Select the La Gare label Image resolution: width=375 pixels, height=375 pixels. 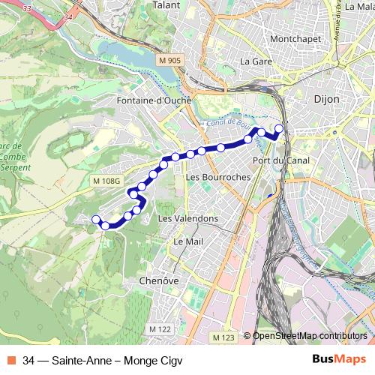click(255, 61)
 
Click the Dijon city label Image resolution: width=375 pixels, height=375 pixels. click(326, 98)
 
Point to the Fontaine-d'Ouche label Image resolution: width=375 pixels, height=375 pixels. click(154, 100)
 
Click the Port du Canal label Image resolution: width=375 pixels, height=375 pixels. click(277, 160)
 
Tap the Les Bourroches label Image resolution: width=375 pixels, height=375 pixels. click(211, 177)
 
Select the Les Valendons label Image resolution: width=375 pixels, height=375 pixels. click(189, 218)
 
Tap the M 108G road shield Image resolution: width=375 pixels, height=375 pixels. click(106, 181)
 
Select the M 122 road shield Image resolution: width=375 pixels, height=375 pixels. click(158, 329)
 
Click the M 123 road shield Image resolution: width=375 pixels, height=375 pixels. click(223, 338)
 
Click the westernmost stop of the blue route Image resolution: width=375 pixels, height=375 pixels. click(95, 219)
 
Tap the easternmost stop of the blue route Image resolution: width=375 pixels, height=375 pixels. click(280, 128)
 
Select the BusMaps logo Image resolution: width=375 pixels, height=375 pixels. click(339, 360)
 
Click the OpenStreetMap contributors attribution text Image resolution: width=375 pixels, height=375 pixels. click(309, 336)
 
